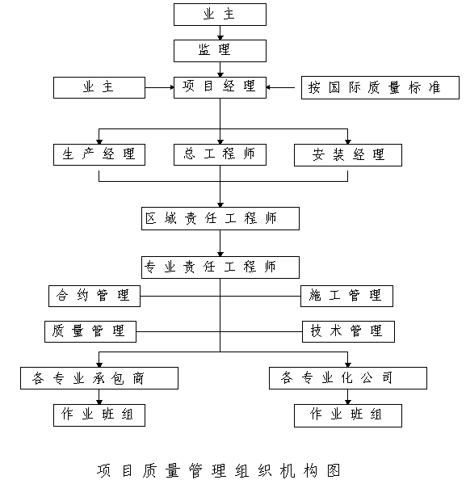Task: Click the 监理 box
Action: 220,51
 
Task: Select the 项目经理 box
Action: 220,87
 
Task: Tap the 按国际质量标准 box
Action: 380,87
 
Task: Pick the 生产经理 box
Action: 99,155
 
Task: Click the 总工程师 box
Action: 220,155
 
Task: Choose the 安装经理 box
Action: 348,155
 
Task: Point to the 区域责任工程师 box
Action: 220,218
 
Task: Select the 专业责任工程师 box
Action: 220,267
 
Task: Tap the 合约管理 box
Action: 94,296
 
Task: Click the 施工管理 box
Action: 346,296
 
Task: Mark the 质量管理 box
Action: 90,331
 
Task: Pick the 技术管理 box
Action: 348,331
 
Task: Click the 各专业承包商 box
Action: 99,378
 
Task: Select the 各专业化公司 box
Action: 348,378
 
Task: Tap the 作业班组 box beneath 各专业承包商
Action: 99,415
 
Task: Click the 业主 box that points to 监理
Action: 220,15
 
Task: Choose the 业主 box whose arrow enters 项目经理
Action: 99,87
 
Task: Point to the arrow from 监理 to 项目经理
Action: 220,69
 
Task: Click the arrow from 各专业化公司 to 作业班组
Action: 348,397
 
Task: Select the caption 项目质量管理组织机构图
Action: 219,470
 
